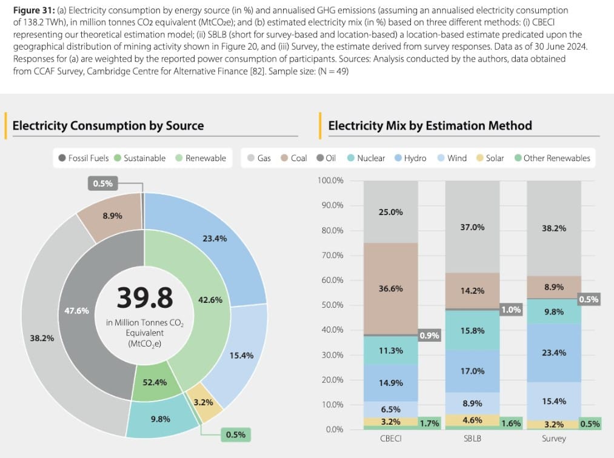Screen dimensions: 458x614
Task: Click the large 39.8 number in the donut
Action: [x=144, y=297]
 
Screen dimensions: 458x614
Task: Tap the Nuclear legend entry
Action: [x=365, y=158]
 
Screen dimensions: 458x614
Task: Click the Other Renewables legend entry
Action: [x=551, y=158]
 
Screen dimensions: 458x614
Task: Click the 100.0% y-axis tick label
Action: [x=330, y=181]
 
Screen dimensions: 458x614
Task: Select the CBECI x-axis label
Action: [x=390, y=439]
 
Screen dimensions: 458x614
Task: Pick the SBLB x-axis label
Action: [x=472, y=439]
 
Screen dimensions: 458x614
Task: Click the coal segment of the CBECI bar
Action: [x=391, y=288]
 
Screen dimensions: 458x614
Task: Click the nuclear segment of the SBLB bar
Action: [x=472, y=330]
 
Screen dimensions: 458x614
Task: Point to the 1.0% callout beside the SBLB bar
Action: [x=511, y=310]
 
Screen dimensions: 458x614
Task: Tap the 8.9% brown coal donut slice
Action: [x=111, y=215]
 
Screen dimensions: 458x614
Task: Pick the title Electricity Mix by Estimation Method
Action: [x=430, y=125]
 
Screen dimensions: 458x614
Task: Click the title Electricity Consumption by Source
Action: [x=108, y=125]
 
